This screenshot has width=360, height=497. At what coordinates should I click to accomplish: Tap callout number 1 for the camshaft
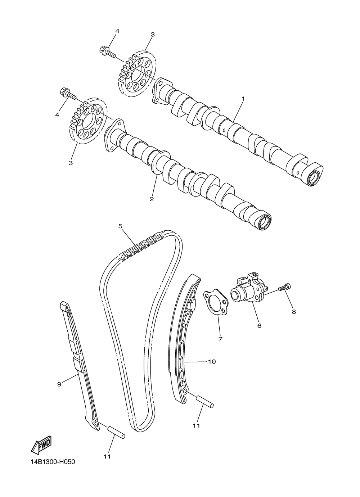[x=243, y=98]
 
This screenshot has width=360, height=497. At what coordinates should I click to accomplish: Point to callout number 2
[x=152, y=199]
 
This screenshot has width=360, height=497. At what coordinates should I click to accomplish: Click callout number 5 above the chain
[x=121, y=226]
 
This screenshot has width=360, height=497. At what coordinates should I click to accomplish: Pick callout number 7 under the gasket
[x=220, y=339]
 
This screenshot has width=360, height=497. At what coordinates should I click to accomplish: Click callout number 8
[x=294, y=312]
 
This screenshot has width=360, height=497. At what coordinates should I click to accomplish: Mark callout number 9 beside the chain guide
[x=59, y=384]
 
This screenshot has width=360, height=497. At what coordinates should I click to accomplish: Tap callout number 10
[x=212, y=361]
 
